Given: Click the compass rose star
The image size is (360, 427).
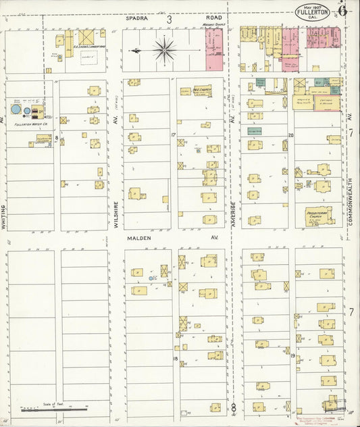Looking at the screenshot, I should pyautogui.click(x=165, y=49).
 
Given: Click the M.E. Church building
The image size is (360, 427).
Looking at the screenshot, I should pyautogui.click(x=201, y=90).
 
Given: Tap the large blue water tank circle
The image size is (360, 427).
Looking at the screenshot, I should pyautogui.click(x=16, y=109).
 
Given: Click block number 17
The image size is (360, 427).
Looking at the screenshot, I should pyautogui.click(x=174, y=135).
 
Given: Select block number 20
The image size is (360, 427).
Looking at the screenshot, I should pyautogui.click(x=291, y=135).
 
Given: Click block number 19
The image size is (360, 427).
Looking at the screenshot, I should pyautogui.click(x=292, y=355).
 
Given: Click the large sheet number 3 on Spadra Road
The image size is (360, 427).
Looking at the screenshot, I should pyautogui.click(x=170, y=20).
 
